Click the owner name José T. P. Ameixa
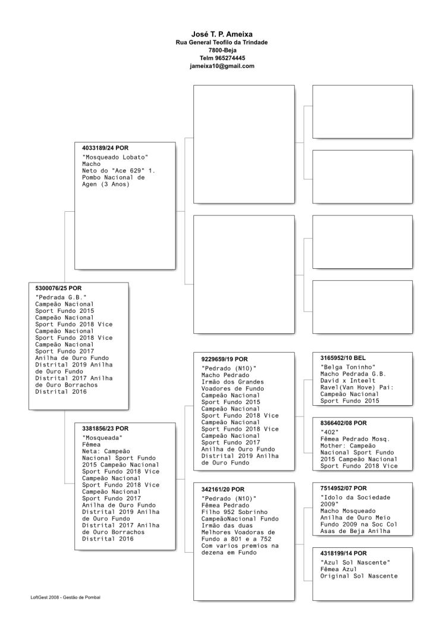(x=222, y=35)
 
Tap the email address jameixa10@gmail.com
(x=222, y=66)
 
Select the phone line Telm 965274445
(x=222, y=58)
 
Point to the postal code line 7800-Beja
(x=222, y=51)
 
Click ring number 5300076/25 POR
(x=58, y=288)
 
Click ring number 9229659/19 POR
(x=225, y=359)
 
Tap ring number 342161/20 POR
(x=223, y=488)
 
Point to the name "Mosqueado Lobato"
(x=115, y=157)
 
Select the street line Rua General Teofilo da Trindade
(x=222, y=43)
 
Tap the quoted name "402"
(x=329, y=432)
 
